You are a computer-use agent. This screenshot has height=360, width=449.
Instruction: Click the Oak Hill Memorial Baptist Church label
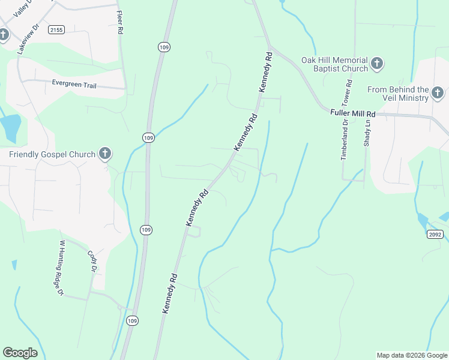point(334,64)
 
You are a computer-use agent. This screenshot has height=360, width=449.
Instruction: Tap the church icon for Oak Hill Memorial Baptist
point(377,62)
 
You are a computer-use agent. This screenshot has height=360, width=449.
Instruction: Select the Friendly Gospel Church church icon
point(105,154)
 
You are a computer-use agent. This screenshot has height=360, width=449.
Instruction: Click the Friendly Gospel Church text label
point(52,154)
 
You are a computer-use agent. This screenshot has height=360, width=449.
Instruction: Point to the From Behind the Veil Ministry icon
point(438,92)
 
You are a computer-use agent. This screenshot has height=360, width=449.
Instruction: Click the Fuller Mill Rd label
point(352,113)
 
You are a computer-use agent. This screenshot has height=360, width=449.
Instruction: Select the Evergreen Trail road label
point(74,85)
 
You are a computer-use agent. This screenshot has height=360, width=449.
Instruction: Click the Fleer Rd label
point(120,22)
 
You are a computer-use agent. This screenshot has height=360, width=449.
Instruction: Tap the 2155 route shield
point(57,29)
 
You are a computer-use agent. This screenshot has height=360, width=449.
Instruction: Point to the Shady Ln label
point(367,133)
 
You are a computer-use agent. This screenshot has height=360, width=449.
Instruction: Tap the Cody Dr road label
point(92,262)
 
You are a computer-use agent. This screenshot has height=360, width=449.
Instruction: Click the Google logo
point(20,353)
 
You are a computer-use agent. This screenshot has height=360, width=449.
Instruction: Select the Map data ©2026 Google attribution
point(412,355)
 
